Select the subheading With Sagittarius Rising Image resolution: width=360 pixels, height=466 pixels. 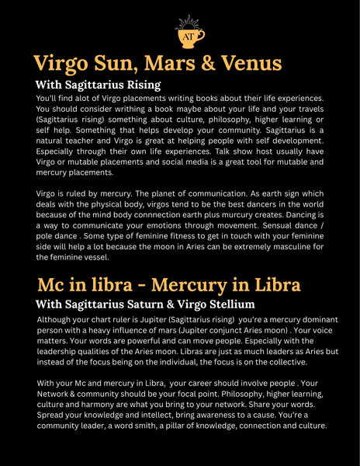(x=98, y=85)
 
